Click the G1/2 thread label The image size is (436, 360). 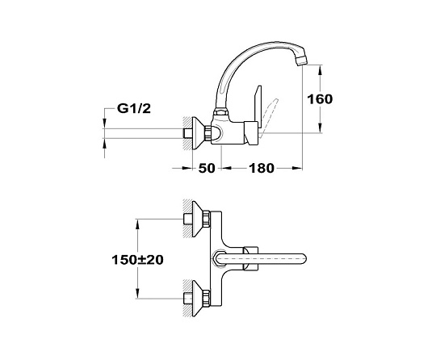(134, 108)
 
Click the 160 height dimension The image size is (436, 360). (320, 99)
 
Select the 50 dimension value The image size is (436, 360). (207, 168)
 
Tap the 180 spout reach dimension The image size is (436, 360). (262, 168)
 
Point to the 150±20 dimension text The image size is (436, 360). (137, 260)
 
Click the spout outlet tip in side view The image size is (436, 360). (302, 60)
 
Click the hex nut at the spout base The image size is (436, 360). (220, 114)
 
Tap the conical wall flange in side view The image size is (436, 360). (199, 134)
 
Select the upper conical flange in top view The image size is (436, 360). (199, 219)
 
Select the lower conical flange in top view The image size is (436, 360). (199, 299)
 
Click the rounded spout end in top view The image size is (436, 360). (303, 259)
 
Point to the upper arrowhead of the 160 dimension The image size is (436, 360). (321, 69)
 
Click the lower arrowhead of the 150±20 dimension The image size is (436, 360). (137, 294)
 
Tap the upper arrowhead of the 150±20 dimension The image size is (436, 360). (137, 224)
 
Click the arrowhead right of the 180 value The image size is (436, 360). (297, 168)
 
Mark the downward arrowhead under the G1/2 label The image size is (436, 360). (104, 123)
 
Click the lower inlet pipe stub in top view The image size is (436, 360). (188, 299)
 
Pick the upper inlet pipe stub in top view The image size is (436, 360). (188, 219)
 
